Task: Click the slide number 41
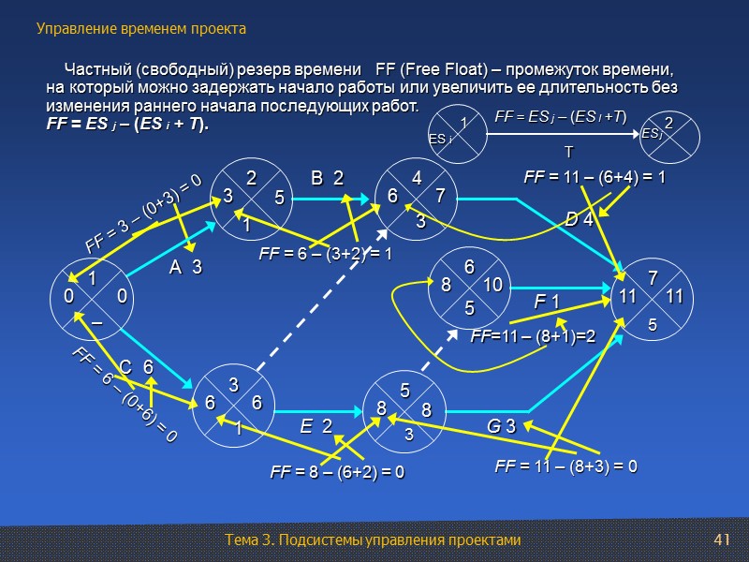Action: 721,540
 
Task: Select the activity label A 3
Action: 185,268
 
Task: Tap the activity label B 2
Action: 327,178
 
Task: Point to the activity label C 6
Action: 137,368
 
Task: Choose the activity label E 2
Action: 316,426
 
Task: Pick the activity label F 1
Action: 546,302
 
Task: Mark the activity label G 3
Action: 501,427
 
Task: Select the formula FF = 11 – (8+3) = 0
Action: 565,466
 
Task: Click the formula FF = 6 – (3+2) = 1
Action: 325,253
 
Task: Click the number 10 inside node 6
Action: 494,284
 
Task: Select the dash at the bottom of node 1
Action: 95,319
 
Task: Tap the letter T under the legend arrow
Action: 566,150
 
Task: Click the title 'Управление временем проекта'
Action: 141,29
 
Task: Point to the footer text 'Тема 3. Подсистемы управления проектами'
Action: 372,540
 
